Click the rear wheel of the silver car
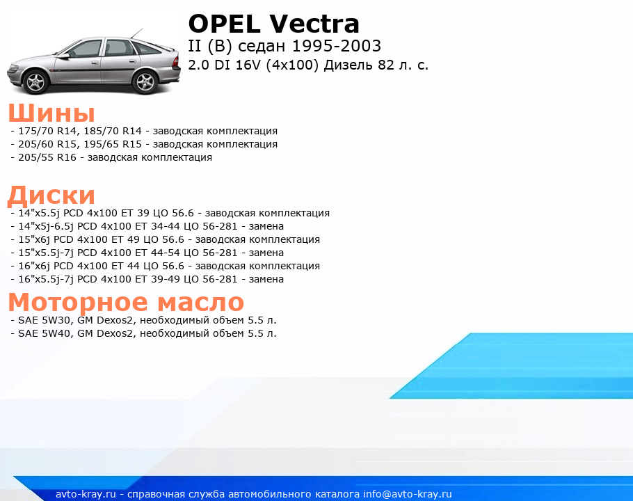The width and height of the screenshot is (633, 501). click(x=145, y=81)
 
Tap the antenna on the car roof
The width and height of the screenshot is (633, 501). click(x=136, y=34)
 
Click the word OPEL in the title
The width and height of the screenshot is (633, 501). click(x=224, y=24)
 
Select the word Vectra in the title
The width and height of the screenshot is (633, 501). click(x=314, y=24)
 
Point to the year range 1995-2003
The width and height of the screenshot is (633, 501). click(x=336, y=46)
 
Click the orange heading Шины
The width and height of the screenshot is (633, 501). click(x=51, y=113)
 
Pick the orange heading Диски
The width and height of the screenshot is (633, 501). click(x=51, y=195)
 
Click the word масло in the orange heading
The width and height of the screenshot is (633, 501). click(x=200, y=302)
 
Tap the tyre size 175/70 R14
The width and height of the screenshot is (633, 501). click(x=45, y=131)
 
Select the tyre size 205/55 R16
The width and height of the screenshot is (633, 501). click(x=47, y=157)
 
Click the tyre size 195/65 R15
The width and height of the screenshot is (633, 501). click(x=113, y=144)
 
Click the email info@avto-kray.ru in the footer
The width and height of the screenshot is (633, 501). click(x=408, y=494)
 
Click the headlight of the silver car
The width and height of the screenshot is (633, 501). click(x=15, y=67)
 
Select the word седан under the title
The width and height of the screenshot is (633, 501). click(x=262, y=47)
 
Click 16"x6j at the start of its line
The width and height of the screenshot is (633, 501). click(x=34, y=266)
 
